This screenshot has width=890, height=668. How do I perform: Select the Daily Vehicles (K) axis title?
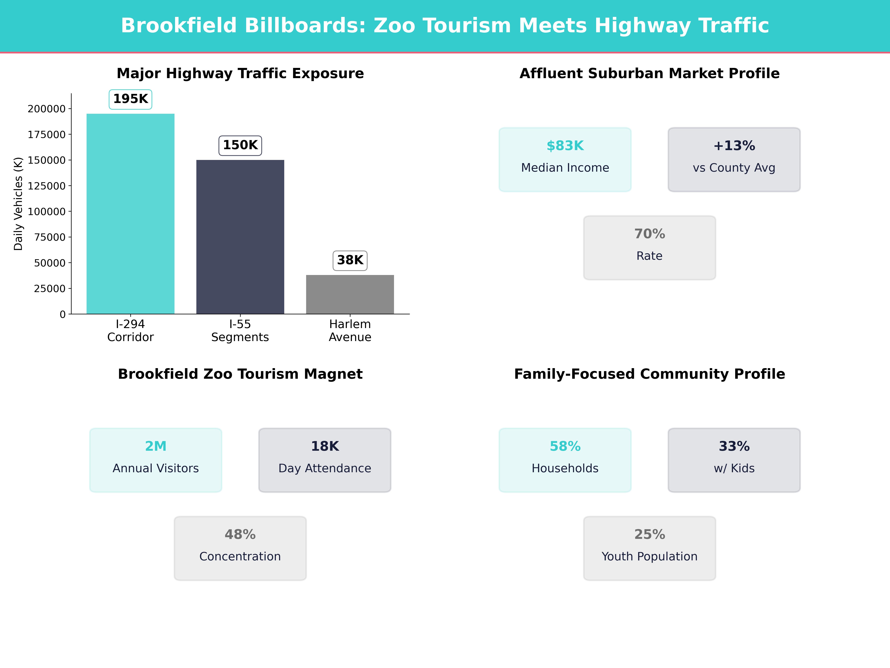tap(18, 204)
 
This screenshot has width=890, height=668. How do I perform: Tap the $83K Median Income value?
tap(565, 146)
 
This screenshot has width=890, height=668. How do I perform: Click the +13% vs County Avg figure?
tap(734, 146)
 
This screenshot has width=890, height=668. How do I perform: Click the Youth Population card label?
tap(649, 556)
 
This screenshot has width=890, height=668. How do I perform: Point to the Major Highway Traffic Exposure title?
tap(240, 74)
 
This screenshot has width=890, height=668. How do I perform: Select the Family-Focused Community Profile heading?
tap(649, 374)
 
